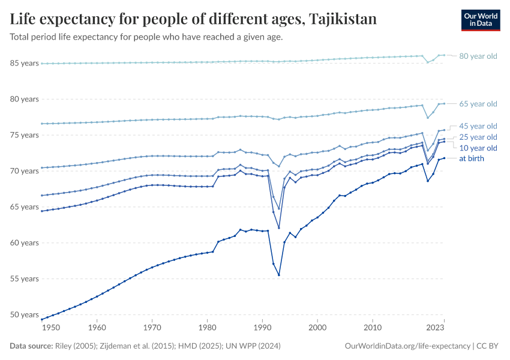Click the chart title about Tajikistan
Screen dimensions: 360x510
[x=193, y=19]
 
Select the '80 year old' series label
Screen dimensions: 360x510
[x=478, y=56]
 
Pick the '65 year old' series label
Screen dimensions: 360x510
[x=478, y=104]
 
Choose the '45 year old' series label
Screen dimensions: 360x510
[x=478, y=126]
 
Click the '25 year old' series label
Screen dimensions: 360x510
[x=478, y=137]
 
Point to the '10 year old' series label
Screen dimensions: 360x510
[x=478, y=148]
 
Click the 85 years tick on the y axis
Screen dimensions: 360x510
[x=25, y=63]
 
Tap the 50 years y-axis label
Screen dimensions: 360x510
[x=25, y=314]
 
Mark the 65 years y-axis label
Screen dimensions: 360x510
[x=25, y=207]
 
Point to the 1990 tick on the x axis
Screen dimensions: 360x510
[x=262, y=328]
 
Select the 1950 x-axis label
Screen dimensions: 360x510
[x=51, y=328]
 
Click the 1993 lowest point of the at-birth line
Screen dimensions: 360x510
[x=279, y=275]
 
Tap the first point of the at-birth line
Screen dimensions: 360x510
[x=41, y=319]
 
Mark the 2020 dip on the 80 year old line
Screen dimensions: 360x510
[x=427, y=62]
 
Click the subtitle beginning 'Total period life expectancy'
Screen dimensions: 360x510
[x=146, y=37]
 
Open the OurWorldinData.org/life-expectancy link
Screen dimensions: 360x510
[x=408, y=346]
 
